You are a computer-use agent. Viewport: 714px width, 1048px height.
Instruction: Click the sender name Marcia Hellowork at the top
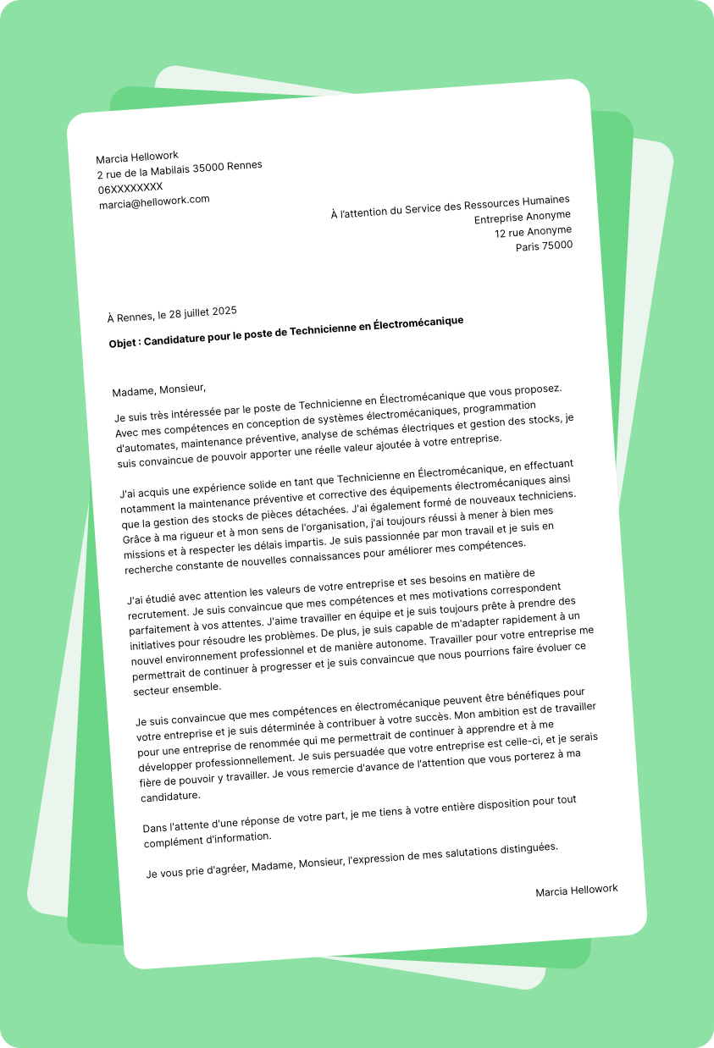tap(137, 157)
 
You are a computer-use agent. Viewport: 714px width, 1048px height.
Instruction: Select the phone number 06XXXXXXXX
tap(130, 187)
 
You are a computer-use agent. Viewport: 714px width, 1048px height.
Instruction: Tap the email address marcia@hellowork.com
tap(154, 201)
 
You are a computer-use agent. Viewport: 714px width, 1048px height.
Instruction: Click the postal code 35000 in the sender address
tap(208, 168)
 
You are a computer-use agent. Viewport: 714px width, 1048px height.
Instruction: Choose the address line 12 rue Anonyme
tap(533, 231)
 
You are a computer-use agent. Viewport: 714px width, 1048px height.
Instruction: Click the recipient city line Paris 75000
tap(544, 246)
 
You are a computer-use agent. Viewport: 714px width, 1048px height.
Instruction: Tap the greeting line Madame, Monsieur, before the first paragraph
tap(159, 389)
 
